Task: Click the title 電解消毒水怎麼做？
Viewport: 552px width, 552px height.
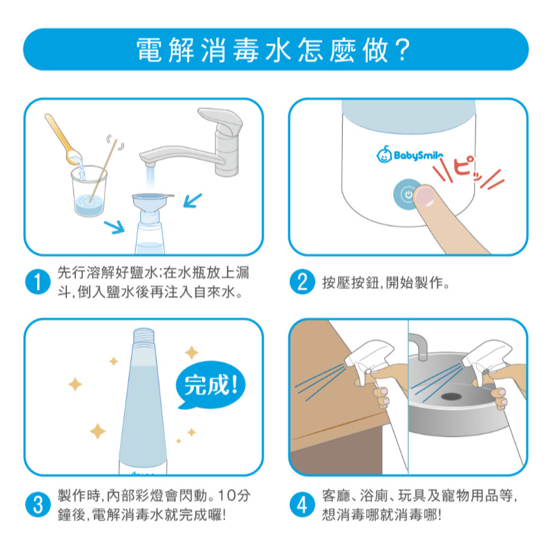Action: pos(276,49)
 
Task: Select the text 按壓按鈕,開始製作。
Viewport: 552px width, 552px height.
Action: pos(386,282)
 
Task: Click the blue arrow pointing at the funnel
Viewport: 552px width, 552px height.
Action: pos(193,200)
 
